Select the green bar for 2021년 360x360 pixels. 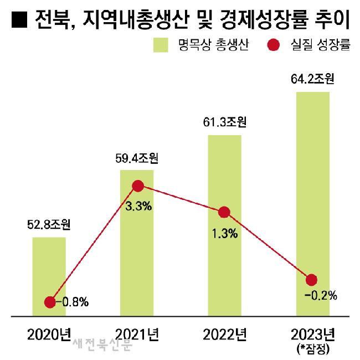coord(137,249)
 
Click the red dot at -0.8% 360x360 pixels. coord(50,302)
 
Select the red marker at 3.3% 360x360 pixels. coord(137,186)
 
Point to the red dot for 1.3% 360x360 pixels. coord(224,212)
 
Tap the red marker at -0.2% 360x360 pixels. coord(311,280)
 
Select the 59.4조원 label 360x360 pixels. coord(137,159)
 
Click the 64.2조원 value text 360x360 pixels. coord(312,80)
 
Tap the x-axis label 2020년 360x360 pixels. coord(49,333)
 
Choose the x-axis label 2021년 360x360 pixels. coord(137,333)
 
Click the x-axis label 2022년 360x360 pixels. coord(224,333)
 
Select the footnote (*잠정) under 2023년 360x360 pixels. coord(312,348)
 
